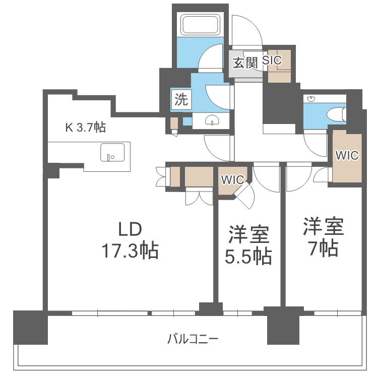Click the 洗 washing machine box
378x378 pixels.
click(x=181, y=99)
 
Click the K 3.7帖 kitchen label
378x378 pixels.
click(x=85, y=128)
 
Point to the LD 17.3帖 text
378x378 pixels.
click(x=131, y=240)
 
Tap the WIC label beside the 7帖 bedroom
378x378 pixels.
click(x=347, y=156)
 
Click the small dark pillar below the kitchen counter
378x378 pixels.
click(x=52, y=171)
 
